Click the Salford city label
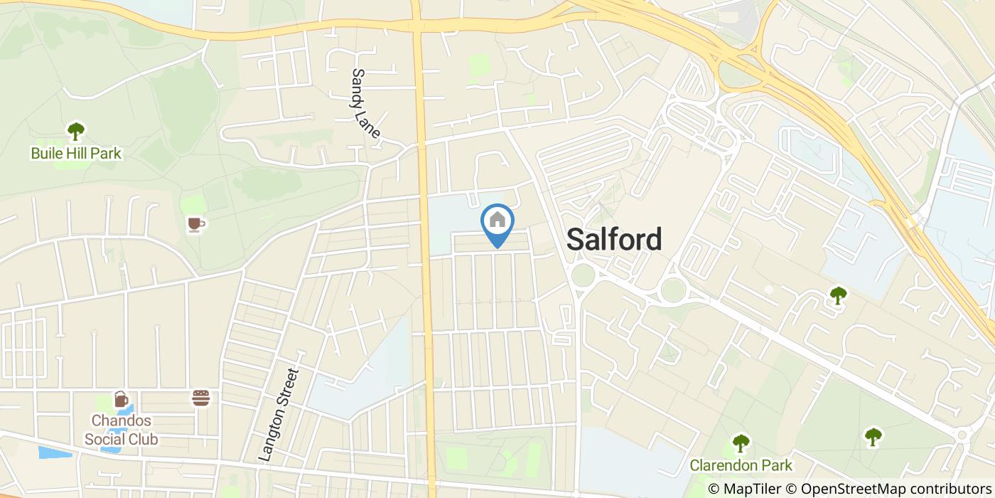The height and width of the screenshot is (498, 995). click(x=614, y=240)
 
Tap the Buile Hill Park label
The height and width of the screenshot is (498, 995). click(x=76, y=153)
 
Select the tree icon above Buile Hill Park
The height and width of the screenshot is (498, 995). click(x=75, y=131)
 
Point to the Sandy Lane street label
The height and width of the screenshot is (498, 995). click(x=366, y=103)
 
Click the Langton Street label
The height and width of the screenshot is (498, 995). click(x=279, y=415)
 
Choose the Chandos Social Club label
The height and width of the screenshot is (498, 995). click(x=121, y=430)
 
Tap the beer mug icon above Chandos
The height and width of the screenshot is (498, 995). click(x=121, y=399)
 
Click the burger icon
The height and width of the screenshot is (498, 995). click(x=201, y=398)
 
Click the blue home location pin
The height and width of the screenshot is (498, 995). click(x=497, y=222)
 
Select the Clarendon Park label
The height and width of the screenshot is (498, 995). click(x=741, y=466)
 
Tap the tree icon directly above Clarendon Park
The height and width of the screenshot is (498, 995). click(x=741, y=443)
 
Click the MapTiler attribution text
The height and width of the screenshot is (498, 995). click(x=747, y=489)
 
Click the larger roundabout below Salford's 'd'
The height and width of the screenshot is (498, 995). click(x=672, y=290)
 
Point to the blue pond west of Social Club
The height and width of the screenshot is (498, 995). click(x=55, y=452)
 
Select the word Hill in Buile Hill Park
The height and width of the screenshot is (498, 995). click(x=77, y=153)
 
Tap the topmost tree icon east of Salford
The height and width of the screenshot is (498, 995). click(x=839, y=294)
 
